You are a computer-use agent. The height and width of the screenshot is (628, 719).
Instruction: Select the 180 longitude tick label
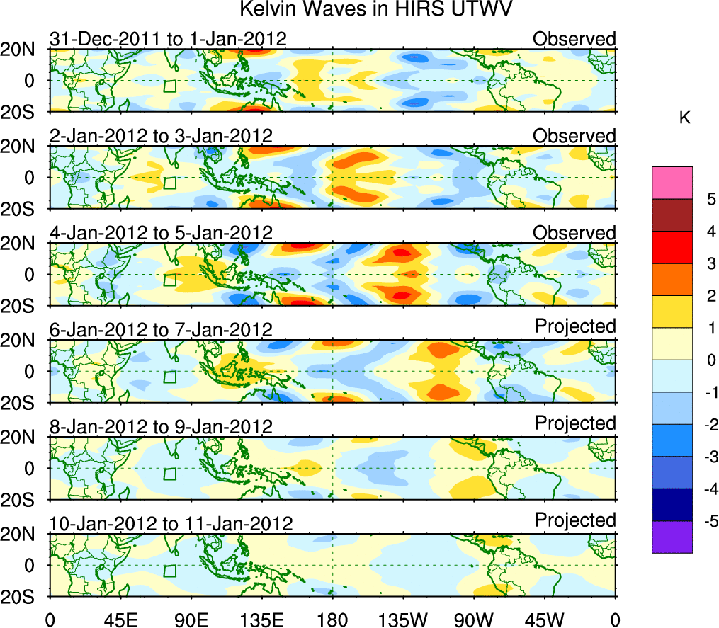point(332,620)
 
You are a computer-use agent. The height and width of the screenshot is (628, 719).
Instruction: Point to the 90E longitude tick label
point(191,620)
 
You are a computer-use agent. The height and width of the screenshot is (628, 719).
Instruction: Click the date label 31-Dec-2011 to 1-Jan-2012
point(168,39)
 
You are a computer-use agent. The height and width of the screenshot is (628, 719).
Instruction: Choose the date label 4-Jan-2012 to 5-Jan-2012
point(161,233)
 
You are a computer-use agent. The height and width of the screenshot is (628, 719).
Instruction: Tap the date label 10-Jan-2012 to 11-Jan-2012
point(171,524)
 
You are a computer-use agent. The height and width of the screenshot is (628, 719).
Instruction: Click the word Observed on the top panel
point(574,38)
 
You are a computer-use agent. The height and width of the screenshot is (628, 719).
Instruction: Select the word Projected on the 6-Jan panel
point(575,326)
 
